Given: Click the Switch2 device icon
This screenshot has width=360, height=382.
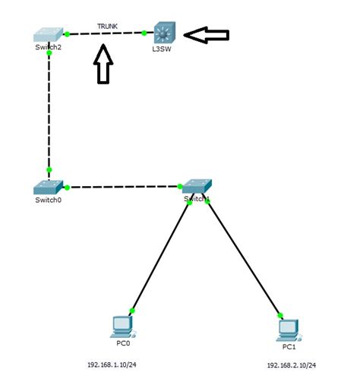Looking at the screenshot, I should pyautogui.click(x=48, y=35).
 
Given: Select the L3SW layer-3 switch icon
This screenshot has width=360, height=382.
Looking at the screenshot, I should pyautogui.click(x=164, y=33).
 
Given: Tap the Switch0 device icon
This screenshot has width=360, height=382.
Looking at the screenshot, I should pyautogui.click(x=48, y=187).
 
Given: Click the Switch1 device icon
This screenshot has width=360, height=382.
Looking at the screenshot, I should pyautogui.click(x=196, y=187).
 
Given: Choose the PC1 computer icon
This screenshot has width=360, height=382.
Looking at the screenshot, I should pyautogui.click(x=288, y=328).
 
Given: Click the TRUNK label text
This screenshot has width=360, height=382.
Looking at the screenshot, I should pyautogui.click(x=106, y=26).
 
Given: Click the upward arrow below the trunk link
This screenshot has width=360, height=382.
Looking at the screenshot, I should pyautogui.click(x=104, y=65).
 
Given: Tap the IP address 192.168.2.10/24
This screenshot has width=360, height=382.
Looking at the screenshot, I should pyautogui.click(x=291, y=365).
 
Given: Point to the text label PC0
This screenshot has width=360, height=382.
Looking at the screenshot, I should pyautogui.click(x=121, y=343).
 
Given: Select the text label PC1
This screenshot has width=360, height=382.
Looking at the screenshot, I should pyautogui.click(x=289, y=346).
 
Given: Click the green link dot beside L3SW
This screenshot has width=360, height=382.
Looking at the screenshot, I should pyautogui.click(x=144, y=33).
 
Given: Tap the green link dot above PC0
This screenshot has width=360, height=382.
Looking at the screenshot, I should pyautogui.click(x=132, y=311).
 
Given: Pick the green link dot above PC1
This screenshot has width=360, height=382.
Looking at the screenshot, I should pyautogui.click(x=280, y=314).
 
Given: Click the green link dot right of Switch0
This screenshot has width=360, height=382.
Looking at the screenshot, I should pyautogui.click(x=68, y=187).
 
